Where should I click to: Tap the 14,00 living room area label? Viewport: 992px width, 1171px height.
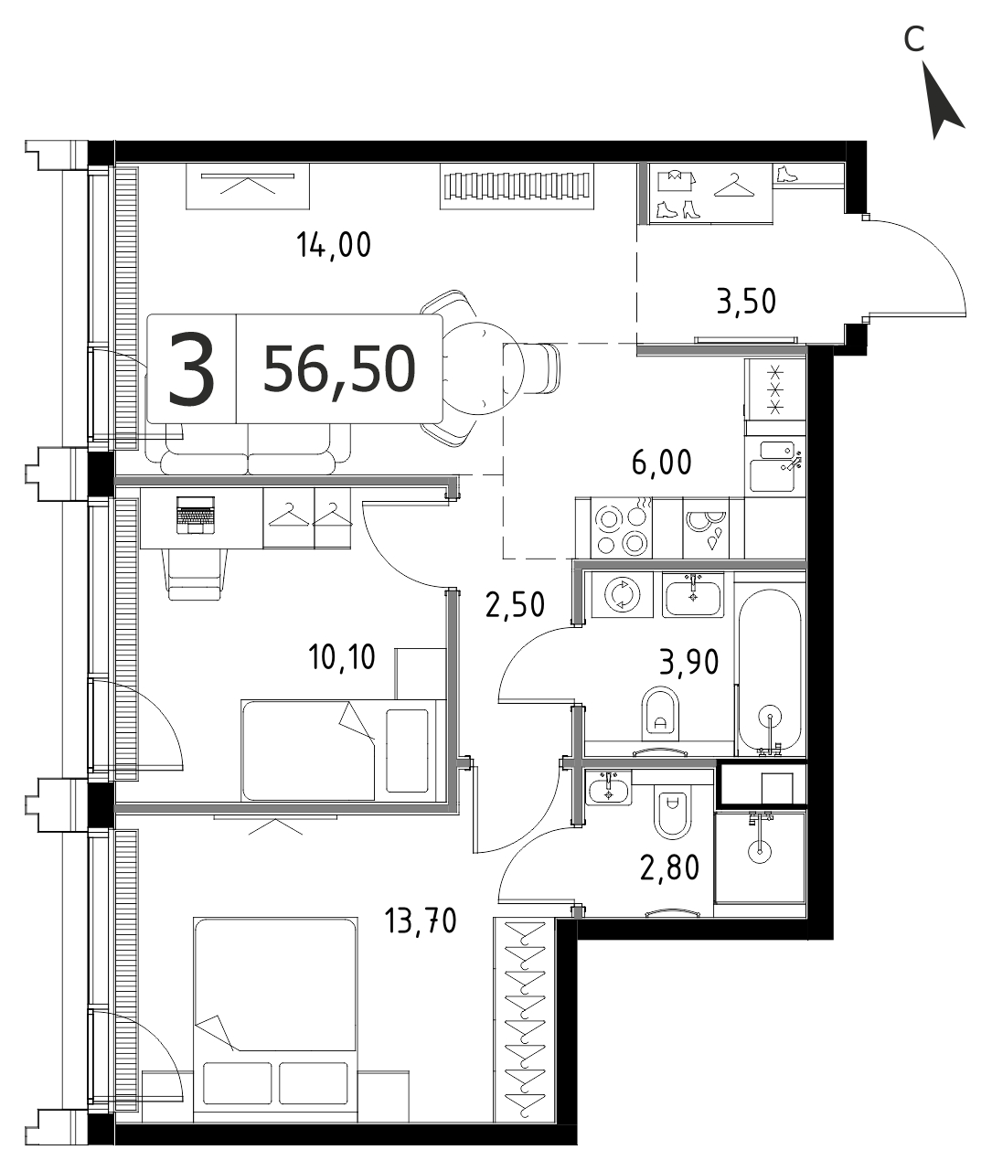pos(334,246)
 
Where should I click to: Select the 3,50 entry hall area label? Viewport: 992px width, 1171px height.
pos(746,302)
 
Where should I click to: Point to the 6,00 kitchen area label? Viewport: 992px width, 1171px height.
pos(662,462)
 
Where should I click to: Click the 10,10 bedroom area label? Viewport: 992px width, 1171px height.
pos(342,658)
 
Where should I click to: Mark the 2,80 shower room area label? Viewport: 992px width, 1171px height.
pos(669,868)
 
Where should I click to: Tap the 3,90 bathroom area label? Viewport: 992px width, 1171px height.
pos(688,662)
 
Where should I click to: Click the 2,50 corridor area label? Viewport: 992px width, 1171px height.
pos(515,604)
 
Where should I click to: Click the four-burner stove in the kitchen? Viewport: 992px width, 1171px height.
pos(621,528)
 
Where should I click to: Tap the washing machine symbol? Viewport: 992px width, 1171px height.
pos(622,595)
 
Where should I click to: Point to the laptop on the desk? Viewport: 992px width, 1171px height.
pos(196,515)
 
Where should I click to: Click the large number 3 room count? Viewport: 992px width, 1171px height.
pos(191,369)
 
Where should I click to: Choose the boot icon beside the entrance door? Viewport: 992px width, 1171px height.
pos(786,174)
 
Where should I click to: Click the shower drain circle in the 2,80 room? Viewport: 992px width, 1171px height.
pos(760,851)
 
